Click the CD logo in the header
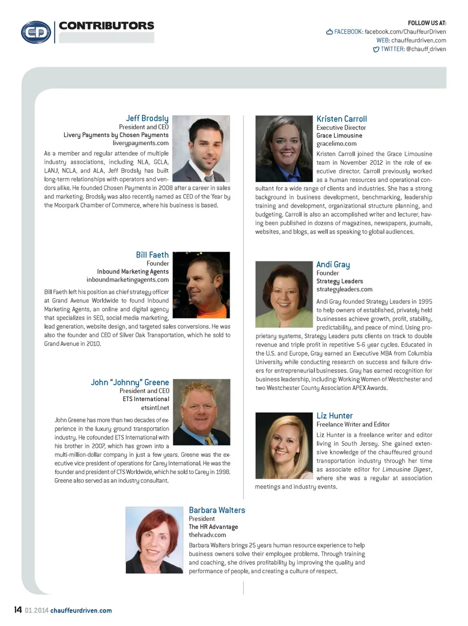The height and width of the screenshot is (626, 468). [36, 32]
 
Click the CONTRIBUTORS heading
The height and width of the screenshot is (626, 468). [106, 26]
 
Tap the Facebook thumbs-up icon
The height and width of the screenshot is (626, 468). [330, 32]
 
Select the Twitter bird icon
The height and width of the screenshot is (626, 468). [376, 49]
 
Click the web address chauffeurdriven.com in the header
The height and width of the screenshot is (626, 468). [418, 40]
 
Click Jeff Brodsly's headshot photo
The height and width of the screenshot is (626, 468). [201, 149]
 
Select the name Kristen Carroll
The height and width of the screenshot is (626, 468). [341, 119]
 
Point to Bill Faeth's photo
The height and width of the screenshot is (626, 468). [201, 285]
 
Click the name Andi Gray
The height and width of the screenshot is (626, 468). [333, 265]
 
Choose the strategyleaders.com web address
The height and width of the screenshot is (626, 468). [344, 290]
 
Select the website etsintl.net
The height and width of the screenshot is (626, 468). [155, 408]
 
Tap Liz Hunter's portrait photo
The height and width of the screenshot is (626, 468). [284, 445]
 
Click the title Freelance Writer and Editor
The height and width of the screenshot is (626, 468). [353, 425]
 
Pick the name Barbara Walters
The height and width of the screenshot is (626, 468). [217, 510]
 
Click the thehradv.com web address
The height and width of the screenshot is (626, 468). [207, 535]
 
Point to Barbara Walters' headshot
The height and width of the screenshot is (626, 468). [154, 540]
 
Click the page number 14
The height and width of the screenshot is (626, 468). [18, 610]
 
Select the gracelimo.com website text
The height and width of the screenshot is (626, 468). [336, 144]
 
